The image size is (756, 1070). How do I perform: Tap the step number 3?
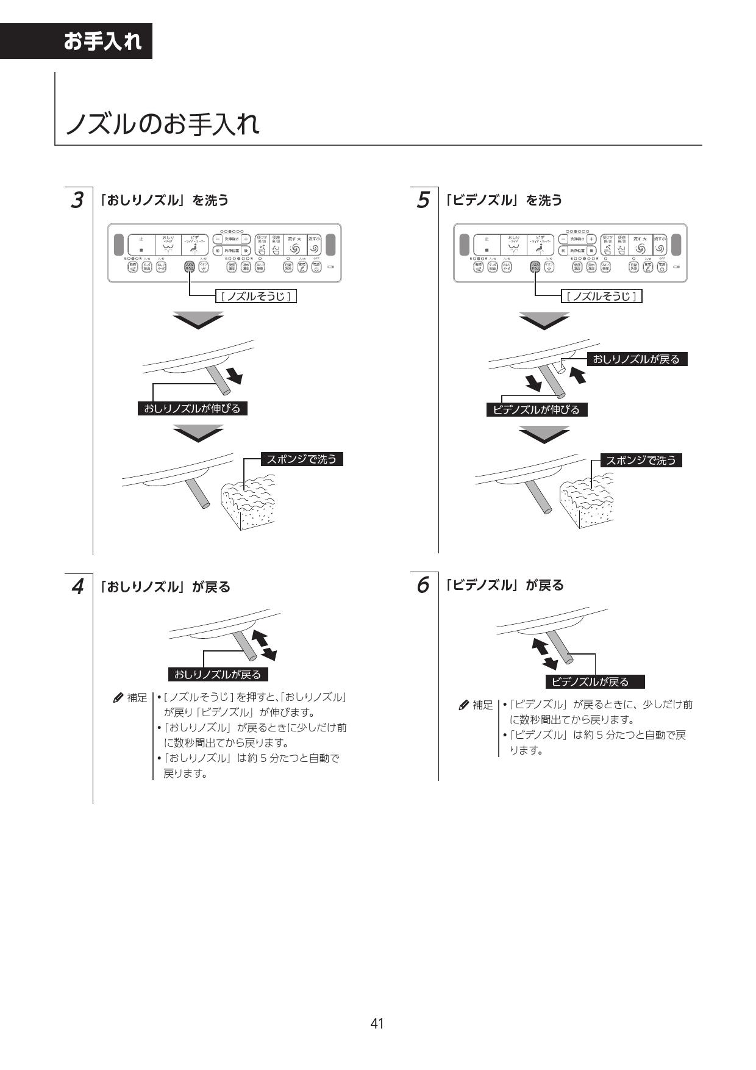point(77,200)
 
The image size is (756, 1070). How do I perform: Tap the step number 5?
point(423,200)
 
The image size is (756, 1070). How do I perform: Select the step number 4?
point(77,587)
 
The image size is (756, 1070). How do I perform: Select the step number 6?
point(423,585)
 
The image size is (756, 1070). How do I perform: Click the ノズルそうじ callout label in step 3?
point(256,296)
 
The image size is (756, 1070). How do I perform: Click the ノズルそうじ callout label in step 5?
point(602,296)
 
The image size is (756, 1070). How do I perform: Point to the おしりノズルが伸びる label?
point(193,408)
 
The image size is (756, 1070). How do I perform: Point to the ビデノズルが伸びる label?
point(537,409)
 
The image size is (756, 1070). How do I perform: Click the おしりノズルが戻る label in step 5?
point(637,359)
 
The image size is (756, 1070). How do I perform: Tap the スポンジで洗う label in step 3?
point(302,459)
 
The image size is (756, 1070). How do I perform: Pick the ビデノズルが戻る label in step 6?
point(594,681)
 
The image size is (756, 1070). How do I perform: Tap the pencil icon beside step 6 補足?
point(464,705)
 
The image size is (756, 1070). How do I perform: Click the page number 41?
point(377,1023)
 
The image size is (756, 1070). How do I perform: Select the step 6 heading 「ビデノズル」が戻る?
point(504,585)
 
